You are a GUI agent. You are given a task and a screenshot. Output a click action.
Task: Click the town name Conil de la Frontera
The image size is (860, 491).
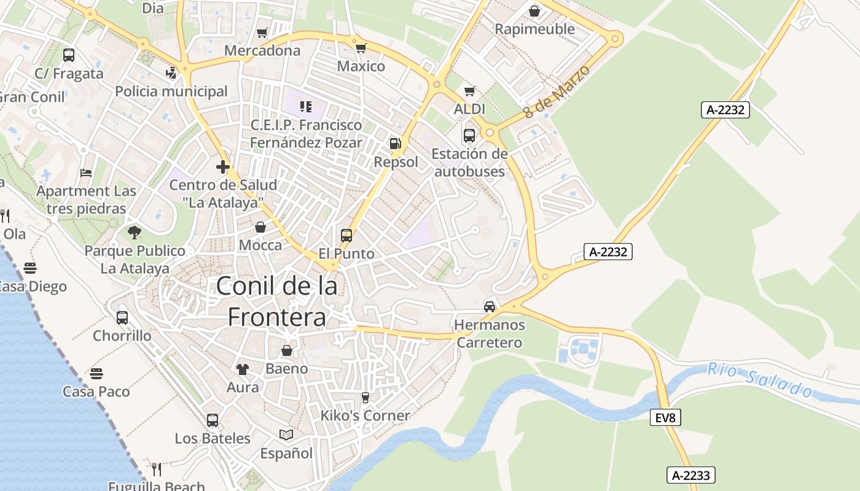tap(276, 301)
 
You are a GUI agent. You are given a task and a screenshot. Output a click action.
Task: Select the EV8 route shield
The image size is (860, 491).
tap(665, 418)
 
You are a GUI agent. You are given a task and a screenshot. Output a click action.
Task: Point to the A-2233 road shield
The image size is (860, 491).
tap(691, 475)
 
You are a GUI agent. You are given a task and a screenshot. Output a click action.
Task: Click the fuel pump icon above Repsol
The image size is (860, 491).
tap(396, 144)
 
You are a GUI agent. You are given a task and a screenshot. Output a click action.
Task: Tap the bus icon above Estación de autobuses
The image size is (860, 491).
tap(469, 136)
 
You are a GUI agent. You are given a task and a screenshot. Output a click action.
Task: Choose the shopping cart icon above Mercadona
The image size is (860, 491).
tap(262, 33)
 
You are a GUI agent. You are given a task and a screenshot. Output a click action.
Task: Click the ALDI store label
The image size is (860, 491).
tap(469, 109)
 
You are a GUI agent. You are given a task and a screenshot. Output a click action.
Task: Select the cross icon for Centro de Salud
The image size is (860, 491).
tap(223, 166)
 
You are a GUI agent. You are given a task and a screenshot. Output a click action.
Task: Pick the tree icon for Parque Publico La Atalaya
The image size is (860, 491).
tap(135, 233)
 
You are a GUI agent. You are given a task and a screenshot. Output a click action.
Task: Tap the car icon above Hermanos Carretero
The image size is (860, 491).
tap(490, 306)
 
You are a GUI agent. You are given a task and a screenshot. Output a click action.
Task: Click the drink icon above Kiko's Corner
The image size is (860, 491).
tap(365, 398)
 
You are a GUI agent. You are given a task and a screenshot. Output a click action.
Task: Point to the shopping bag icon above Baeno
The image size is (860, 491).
tap(286, 350)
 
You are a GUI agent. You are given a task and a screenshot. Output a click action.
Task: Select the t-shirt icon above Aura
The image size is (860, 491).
tap(243, 369)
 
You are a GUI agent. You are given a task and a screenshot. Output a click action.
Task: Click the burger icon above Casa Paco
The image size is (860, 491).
tap(96, 373)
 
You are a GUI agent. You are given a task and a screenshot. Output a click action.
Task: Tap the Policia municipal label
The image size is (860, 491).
tap(171, 91)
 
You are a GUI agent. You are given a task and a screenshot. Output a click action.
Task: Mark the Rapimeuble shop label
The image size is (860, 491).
tap(534, 29)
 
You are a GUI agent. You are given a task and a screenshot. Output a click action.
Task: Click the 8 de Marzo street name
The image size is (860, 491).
tap(557, 91)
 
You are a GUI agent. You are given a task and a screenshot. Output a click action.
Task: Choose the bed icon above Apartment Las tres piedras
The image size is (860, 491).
tap(86, 173)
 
